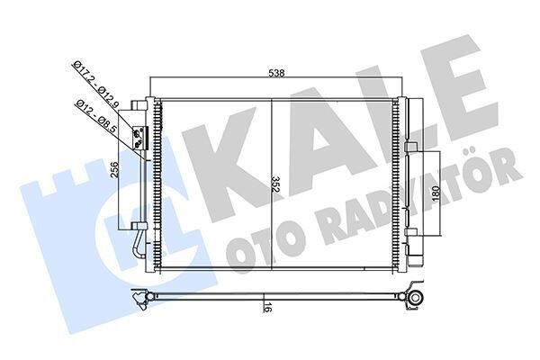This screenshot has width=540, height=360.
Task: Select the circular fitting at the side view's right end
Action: click(x=417, y=298)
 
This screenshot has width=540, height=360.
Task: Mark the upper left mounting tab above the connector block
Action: click(x=139, y=104)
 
